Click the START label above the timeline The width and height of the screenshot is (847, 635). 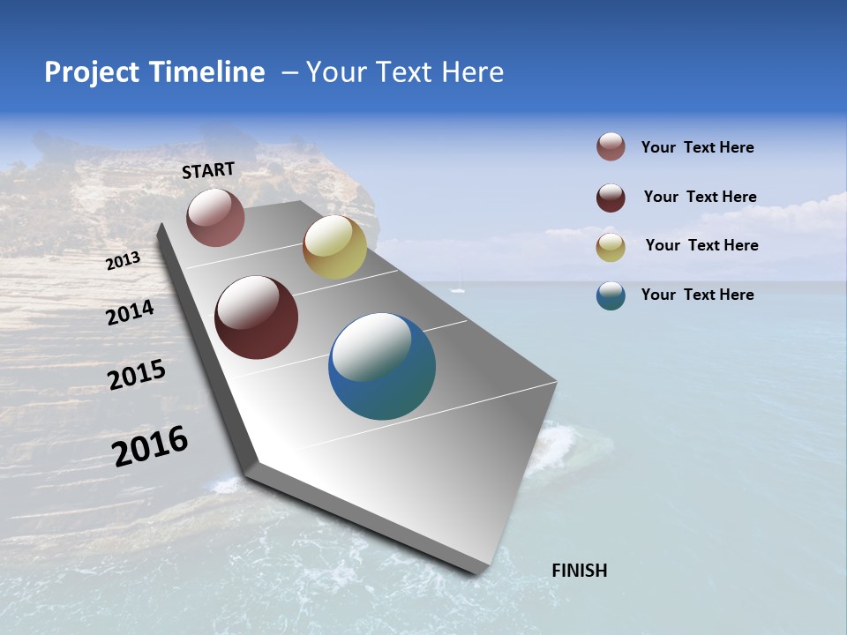pos(208,169)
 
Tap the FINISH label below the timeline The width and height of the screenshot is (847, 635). pos(579,571)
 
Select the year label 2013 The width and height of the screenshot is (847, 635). pos(123,261)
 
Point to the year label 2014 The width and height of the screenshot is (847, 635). pos(130,313)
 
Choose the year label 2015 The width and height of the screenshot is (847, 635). pos(137,376)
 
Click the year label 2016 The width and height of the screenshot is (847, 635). pos(150,445)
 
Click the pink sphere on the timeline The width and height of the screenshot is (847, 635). pos(215,217)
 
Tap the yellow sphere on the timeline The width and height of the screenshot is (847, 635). pos(334,247)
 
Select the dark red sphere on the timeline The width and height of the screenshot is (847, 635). pos(256,317)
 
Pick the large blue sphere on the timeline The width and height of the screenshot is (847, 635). pos(382,366)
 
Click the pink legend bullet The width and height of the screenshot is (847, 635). pos(611,147)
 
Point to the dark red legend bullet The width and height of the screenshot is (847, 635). pos(611,198)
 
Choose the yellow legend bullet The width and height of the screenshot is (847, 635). pos(611,247)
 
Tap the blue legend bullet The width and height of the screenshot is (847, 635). pos(611,295)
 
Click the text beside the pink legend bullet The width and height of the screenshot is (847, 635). pos(697,147)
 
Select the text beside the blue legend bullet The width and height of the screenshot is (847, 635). pos(697,295)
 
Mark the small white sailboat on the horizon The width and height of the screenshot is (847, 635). pos(457,288)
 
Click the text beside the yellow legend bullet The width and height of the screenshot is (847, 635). pos(701,245)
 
